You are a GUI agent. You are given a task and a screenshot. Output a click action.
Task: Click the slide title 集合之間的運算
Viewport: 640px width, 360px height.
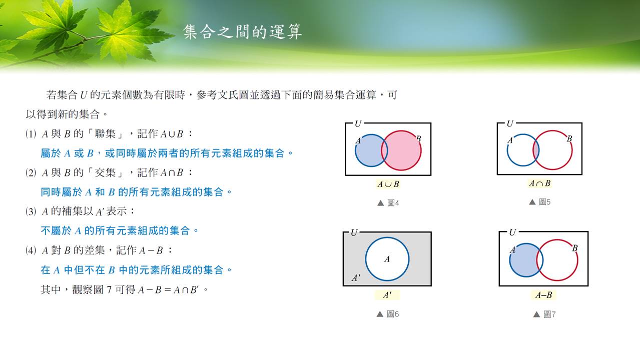[x=242, y=31]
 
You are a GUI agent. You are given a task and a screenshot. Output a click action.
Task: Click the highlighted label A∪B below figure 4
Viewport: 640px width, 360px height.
[x=388, y=184]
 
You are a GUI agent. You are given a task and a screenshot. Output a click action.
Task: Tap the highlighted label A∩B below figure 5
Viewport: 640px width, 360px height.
[x=539, y=183]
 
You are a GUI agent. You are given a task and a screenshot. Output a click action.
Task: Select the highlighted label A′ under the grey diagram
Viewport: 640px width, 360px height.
[x=387, y=295]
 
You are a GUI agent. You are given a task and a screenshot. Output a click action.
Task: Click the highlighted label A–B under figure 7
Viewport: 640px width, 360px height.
[x=544, y=295]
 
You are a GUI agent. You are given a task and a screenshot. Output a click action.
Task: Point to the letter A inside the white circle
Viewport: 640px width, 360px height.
[x=387, y=259]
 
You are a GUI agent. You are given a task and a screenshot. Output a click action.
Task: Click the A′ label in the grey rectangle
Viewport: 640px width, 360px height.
[x=356, y=277]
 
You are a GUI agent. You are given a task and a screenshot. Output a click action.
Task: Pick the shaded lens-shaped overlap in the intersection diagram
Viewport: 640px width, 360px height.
[x=536, y=150]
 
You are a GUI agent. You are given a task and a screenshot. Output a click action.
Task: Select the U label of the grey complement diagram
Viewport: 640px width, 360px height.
[x=354, y=232]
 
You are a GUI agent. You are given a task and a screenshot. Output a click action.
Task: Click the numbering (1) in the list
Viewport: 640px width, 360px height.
[x=31, y=133]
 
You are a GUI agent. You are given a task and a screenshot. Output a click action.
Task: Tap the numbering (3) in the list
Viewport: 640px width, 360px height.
[x=31, y=211]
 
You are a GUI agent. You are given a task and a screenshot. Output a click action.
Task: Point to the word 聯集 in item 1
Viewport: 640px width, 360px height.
[x=105, y=133]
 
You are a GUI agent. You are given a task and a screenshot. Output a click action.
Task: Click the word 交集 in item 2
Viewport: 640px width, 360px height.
[x=105, y=172]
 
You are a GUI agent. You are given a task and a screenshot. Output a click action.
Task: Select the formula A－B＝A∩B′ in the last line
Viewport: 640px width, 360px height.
[x=168, y=290]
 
